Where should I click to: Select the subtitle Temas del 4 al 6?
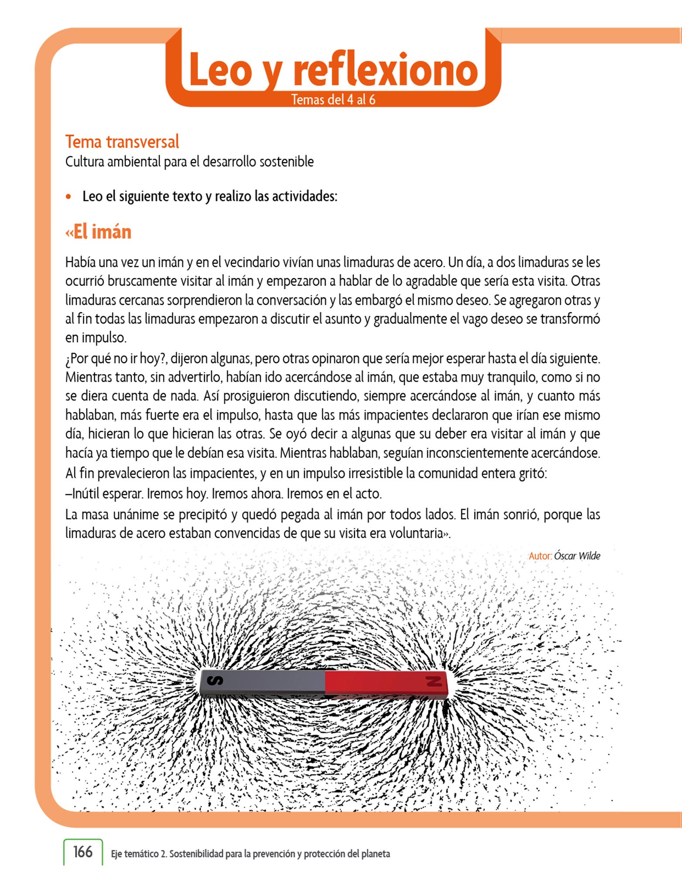pyautogui.click(x=333, y=100)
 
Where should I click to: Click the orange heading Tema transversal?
pyautogui.click(x=122, y=142)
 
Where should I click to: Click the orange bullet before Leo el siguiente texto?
pyautogui.click(x=68, y=197)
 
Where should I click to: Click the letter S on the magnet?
pyautogui.click(x=215, y=680)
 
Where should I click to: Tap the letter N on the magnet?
pyautogui.click(x=433, y=681)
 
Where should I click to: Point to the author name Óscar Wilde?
pyautogui.click(x=577, y=556)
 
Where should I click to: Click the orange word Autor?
pyautogui.click(x=540, y=556)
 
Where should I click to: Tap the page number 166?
pyautogui.click(x=83, y=852)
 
